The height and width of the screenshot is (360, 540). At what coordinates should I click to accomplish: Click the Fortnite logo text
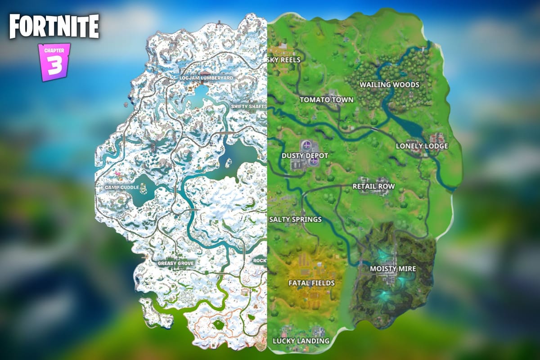[x=54, y=27]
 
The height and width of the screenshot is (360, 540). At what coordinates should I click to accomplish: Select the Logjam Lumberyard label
[x=206, y=78]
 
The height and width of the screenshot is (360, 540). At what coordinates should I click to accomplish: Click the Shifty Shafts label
[x=249, y=107]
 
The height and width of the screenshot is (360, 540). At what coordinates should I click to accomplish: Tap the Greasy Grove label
[x=176, y=263]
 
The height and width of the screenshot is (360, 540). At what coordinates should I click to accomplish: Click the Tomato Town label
[x=327, y=99]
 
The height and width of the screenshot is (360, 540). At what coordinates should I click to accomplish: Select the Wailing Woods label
[x=389, y=85]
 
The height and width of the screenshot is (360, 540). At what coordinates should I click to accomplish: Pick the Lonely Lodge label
[x=422, y=146]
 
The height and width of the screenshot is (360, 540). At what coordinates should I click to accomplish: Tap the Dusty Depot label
[x=305, y=156]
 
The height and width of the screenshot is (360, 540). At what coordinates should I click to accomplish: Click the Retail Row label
[x=373, y=186]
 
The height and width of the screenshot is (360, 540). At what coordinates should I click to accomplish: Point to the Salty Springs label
[x=295, y=220]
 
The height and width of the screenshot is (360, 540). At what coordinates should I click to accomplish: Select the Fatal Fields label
[x=311, y=283]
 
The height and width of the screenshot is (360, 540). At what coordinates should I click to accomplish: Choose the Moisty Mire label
[x=393, y=269]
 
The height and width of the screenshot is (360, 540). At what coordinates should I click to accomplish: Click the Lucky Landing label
[x=301, y=341]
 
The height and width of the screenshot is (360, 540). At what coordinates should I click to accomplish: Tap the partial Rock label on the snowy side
[x=260, y=261]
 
